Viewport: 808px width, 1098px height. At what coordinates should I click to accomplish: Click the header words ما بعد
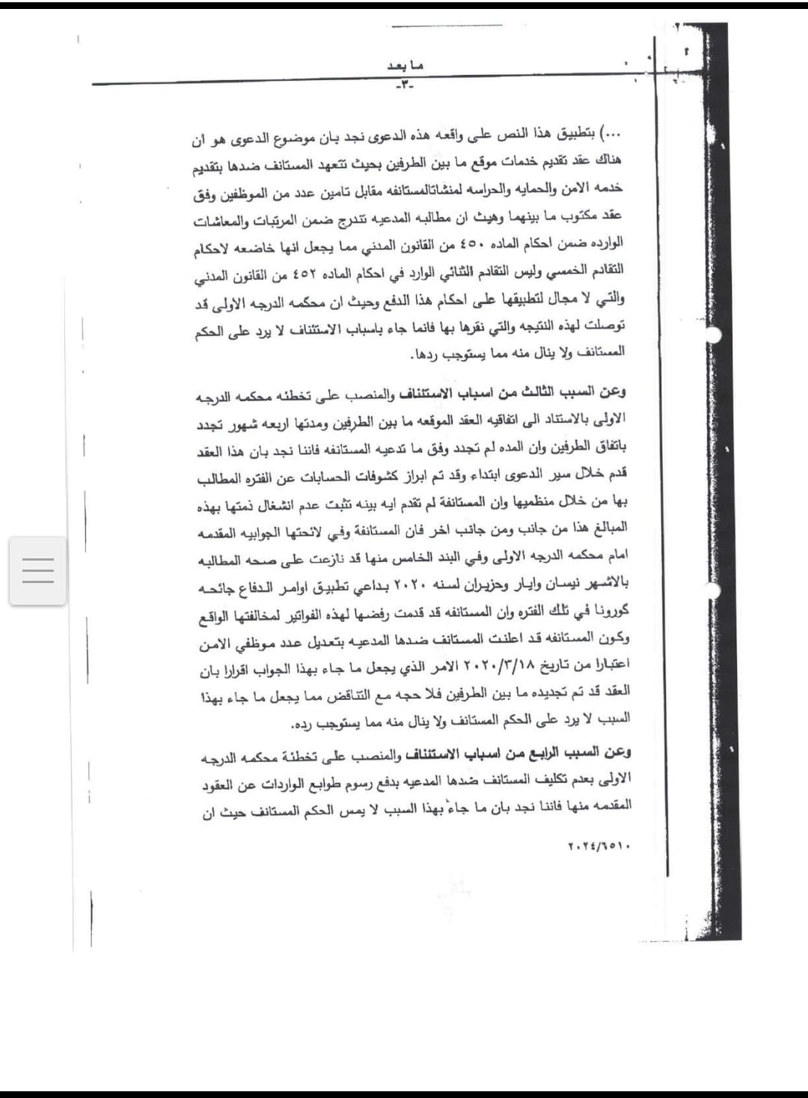[x=405, y=66]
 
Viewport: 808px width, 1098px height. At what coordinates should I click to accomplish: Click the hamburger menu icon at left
[x=38, y=570]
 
